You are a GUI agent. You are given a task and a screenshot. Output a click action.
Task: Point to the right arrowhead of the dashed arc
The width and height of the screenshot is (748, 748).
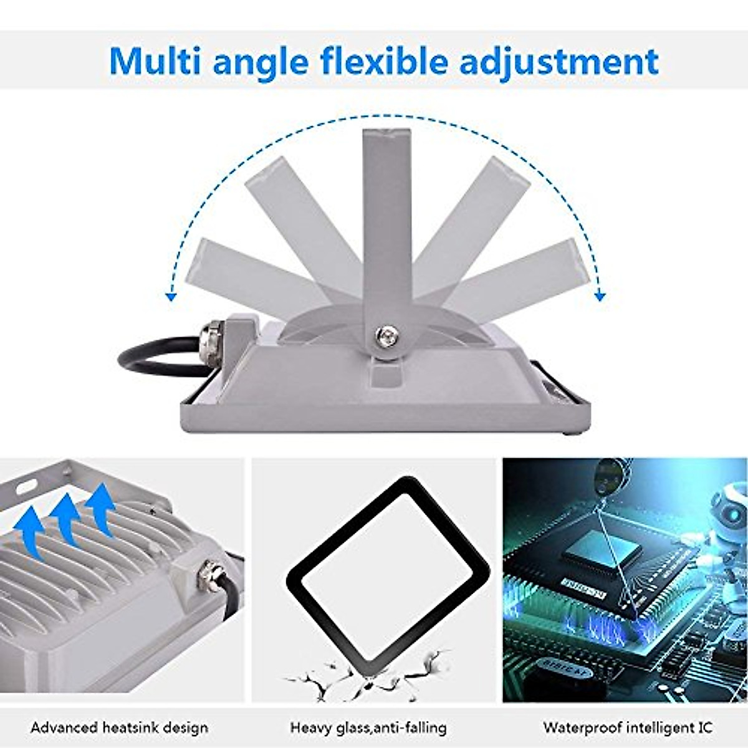600,296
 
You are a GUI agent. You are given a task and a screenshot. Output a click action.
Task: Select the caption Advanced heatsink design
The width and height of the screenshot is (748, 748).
120,727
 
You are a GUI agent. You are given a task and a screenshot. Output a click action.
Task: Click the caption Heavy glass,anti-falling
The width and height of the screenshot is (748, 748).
368,727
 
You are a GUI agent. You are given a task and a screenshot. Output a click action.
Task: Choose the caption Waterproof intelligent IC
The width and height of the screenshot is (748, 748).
628,727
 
